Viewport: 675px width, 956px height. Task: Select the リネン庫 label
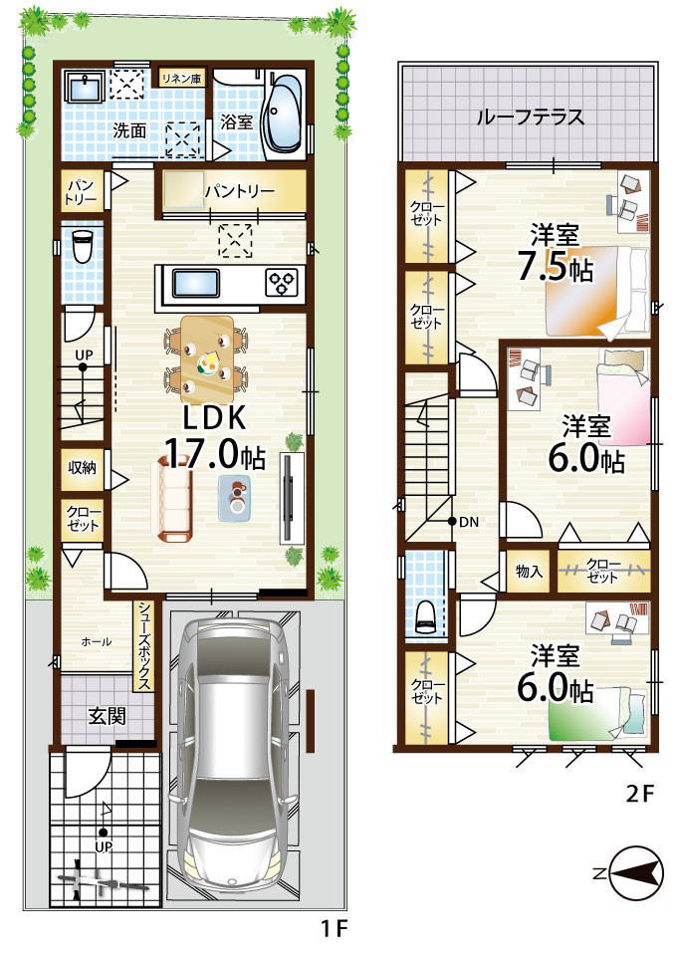[x=182, y=78]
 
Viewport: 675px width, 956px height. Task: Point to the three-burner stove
[x=282, y=283]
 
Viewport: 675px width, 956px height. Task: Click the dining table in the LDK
[x=207, y=357]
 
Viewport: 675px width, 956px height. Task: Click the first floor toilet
[x=81, y=245]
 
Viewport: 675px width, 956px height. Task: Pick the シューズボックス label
[x=144, y=645]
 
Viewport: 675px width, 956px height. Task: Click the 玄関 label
[x=107, y=716]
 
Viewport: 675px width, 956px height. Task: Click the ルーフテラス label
[x=530, y=117]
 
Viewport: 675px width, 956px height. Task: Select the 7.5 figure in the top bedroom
[x=542, y=266]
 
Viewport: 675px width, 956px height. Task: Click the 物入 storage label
[x=529, y=572]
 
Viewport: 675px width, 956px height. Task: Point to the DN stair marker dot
[x=452, y=521]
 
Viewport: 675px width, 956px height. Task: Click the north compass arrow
[x=636, y=874]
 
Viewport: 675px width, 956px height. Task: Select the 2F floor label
[x=639, y=795]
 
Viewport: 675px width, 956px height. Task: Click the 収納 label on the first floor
[x=82, y=468]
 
